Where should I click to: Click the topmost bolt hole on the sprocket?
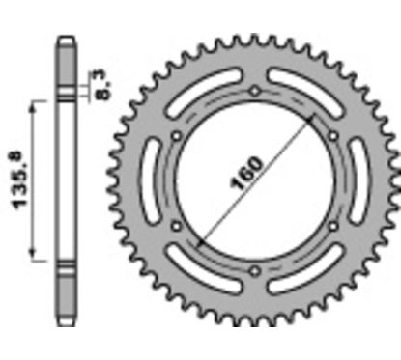(254, 92)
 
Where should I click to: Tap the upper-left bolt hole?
(176, 136)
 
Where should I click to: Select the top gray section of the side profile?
(66, 62)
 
